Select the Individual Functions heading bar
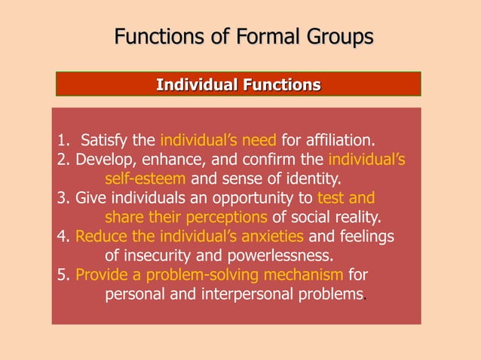point(238,84)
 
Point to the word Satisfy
point(105,140)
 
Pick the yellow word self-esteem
point(146,179)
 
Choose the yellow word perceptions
point(225,218)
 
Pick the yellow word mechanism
point(305,274)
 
